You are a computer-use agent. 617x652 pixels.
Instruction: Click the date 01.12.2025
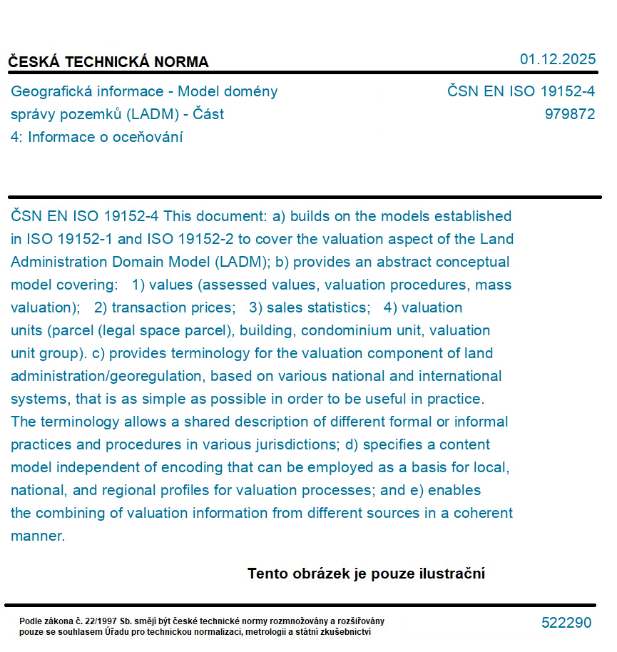point(558,59)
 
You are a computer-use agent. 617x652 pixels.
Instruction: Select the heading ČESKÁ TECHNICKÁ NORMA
point(108,62)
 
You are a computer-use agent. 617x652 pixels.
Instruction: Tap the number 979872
point(569,114)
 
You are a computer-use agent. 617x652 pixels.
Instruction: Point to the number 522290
point(566,623)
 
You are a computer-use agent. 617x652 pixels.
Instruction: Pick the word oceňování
point(143,137)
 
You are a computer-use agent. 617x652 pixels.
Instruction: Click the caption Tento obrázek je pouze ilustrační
point(366,574)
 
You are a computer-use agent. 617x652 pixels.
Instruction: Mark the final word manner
point(37,536)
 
